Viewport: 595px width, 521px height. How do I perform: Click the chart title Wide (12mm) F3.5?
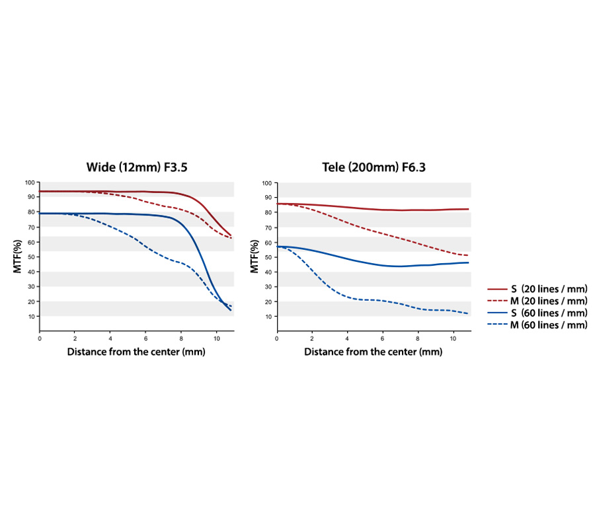click(x=137, y=167)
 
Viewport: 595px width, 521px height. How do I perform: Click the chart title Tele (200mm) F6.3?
click(x=374, y=167)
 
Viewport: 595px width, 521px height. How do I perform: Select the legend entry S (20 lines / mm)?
click(x=537, y=289)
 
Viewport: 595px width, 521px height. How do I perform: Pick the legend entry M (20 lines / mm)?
click(x=537, y=301)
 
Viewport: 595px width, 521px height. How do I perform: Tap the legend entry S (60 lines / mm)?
click(x=537, y=313)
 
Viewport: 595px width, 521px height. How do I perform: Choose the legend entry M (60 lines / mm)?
click(x=537, y=325)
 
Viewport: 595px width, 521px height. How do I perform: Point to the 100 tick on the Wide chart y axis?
click(x=30, y=182)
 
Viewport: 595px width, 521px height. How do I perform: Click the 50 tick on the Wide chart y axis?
click(x=31, y=257)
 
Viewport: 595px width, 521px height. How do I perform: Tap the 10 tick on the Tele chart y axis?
click(x=268, y=317)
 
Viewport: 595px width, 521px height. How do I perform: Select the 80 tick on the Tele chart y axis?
click(x=268, y=212)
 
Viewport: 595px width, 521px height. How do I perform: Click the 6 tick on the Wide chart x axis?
click(x=145, y=339)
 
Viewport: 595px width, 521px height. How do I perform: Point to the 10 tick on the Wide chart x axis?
click(x=217, y=339)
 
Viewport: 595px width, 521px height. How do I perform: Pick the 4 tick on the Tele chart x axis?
click(x=347, y=339)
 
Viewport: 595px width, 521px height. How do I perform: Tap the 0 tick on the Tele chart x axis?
click(x=277, y=339)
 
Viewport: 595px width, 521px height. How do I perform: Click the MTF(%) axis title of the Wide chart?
click(x=17, y=257)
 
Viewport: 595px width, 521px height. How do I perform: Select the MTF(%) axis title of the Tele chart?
click(x=255, y=257)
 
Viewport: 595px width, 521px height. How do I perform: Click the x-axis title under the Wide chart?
click(x=136, y=352)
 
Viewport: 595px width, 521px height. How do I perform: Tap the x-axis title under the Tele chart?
click(x=374, y=352)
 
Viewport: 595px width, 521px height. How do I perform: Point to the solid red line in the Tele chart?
click(x=373, y=209)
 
